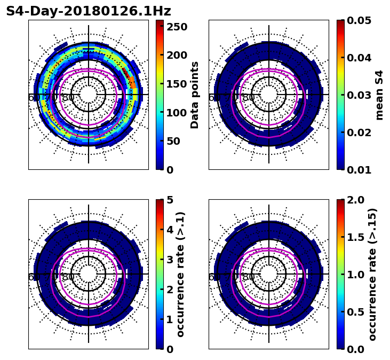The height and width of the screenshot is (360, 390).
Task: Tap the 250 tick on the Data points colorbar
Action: [x=177, y=26]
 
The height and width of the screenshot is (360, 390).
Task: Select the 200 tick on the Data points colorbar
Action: [x=177, y=55]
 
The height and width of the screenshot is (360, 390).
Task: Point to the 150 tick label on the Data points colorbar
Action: [x=177, y=84]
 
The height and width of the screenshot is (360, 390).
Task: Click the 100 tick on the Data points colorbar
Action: [x=177, y=113]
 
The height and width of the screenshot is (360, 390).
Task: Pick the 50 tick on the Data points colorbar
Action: [x=173, y=142]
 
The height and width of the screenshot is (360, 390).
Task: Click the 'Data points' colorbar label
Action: [x=195, y=95]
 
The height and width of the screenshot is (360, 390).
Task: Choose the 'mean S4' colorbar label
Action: [x=379, y=95]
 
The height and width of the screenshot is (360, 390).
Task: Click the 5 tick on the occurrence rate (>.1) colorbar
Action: [x=170, y=200]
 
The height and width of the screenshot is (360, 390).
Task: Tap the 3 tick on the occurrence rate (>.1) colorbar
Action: [x=170, y=260]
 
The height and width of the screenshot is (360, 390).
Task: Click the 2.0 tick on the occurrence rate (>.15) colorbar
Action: [x=356, y=200]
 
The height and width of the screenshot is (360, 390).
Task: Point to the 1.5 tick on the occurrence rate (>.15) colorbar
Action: [x=356, y=237]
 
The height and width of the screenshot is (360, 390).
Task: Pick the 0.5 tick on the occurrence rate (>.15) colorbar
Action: [x=356, y=312]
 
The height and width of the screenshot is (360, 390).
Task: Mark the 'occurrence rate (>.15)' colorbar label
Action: [x=372, y=274]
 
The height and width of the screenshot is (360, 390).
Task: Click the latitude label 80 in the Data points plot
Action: [x=68, y=98]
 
